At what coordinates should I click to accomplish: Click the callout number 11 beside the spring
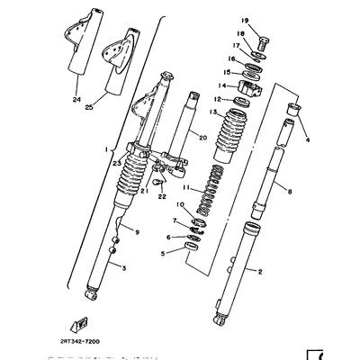point(185,190)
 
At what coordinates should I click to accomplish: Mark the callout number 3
point(98,268)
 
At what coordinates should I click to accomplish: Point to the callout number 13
point(213,112)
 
